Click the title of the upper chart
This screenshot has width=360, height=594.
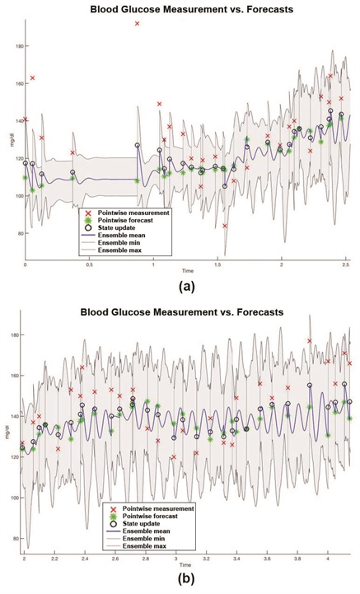click(188, 8)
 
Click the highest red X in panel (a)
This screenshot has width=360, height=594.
click(137, 24)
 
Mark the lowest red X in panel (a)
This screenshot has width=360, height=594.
click(225, 226)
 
